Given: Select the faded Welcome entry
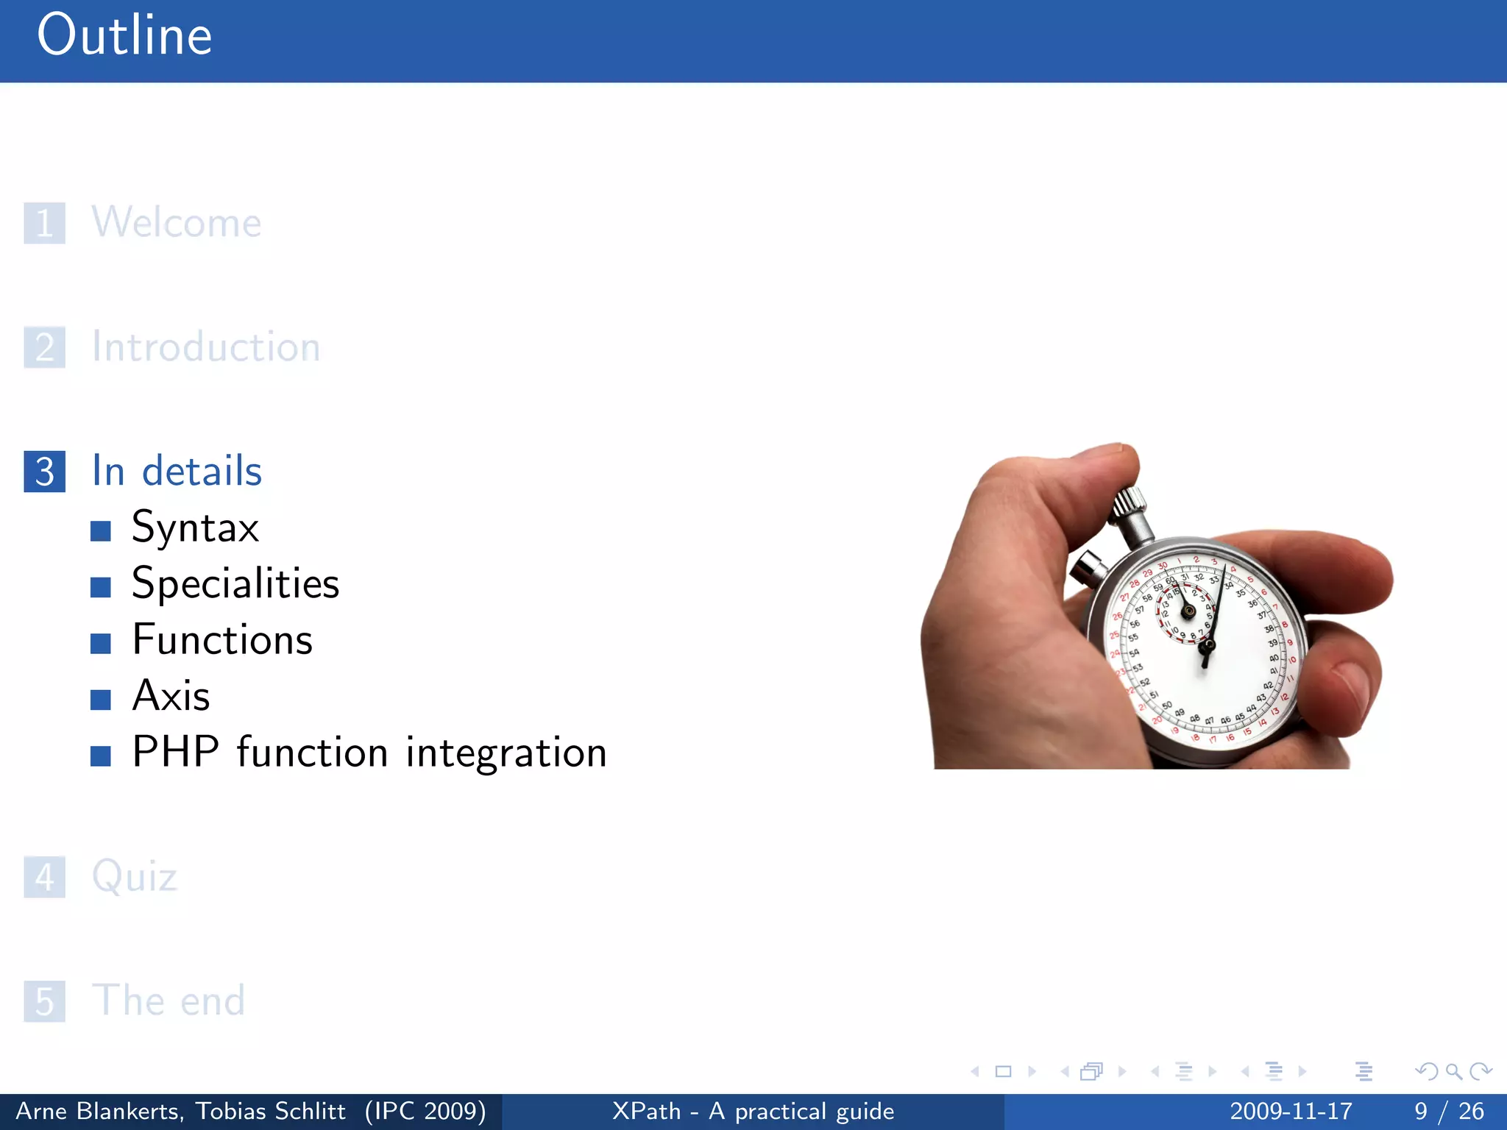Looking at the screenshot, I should tap(177, 222).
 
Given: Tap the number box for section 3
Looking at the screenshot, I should tap(44, 472).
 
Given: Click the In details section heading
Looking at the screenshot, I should tap(177, 471).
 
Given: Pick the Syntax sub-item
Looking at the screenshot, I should tap(195, 527).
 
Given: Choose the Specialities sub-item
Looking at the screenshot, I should tap(235, 584).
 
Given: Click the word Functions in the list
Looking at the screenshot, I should tap(222, 640).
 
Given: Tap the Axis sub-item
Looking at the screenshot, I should tap(171, 696).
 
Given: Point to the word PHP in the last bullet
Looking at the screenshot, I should tap(175, 753).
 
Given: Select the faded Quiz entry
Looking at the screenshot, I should tap(135, 877).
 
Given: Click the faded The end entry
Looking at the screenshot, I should tap(168, 1001).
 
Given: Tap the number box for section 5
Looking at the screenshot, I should tap(44, 1001).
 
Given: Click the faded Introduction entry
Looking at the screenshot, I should tap(206, 347).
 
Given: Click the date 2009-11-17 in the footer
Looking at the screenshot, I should tap(1291, 1111).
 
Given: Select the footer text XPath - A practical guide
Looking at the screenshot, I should tap(753, 1111).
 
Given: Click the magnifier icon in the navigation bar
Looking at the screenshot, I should tap(1453, 1071).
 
